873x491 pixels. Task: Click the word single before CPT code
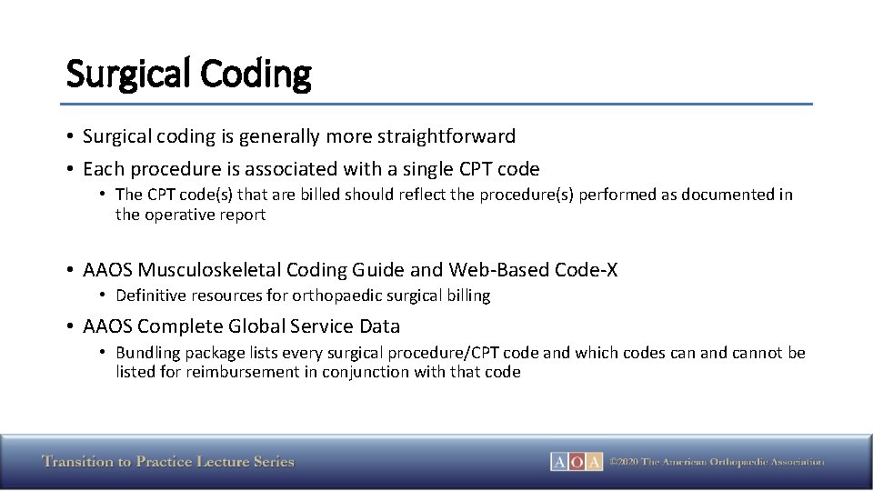tap(437, 169)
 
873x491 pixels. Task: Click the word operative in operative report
tap(179, 215)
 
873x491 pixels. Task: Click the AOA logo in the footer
tap(576, 462)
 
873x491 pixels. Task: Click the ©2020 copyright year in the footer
tap(624, 462)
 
